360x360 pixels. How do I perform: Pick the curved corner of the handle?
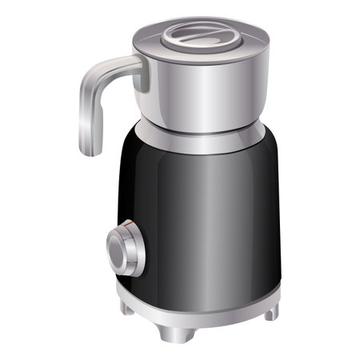90,76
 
